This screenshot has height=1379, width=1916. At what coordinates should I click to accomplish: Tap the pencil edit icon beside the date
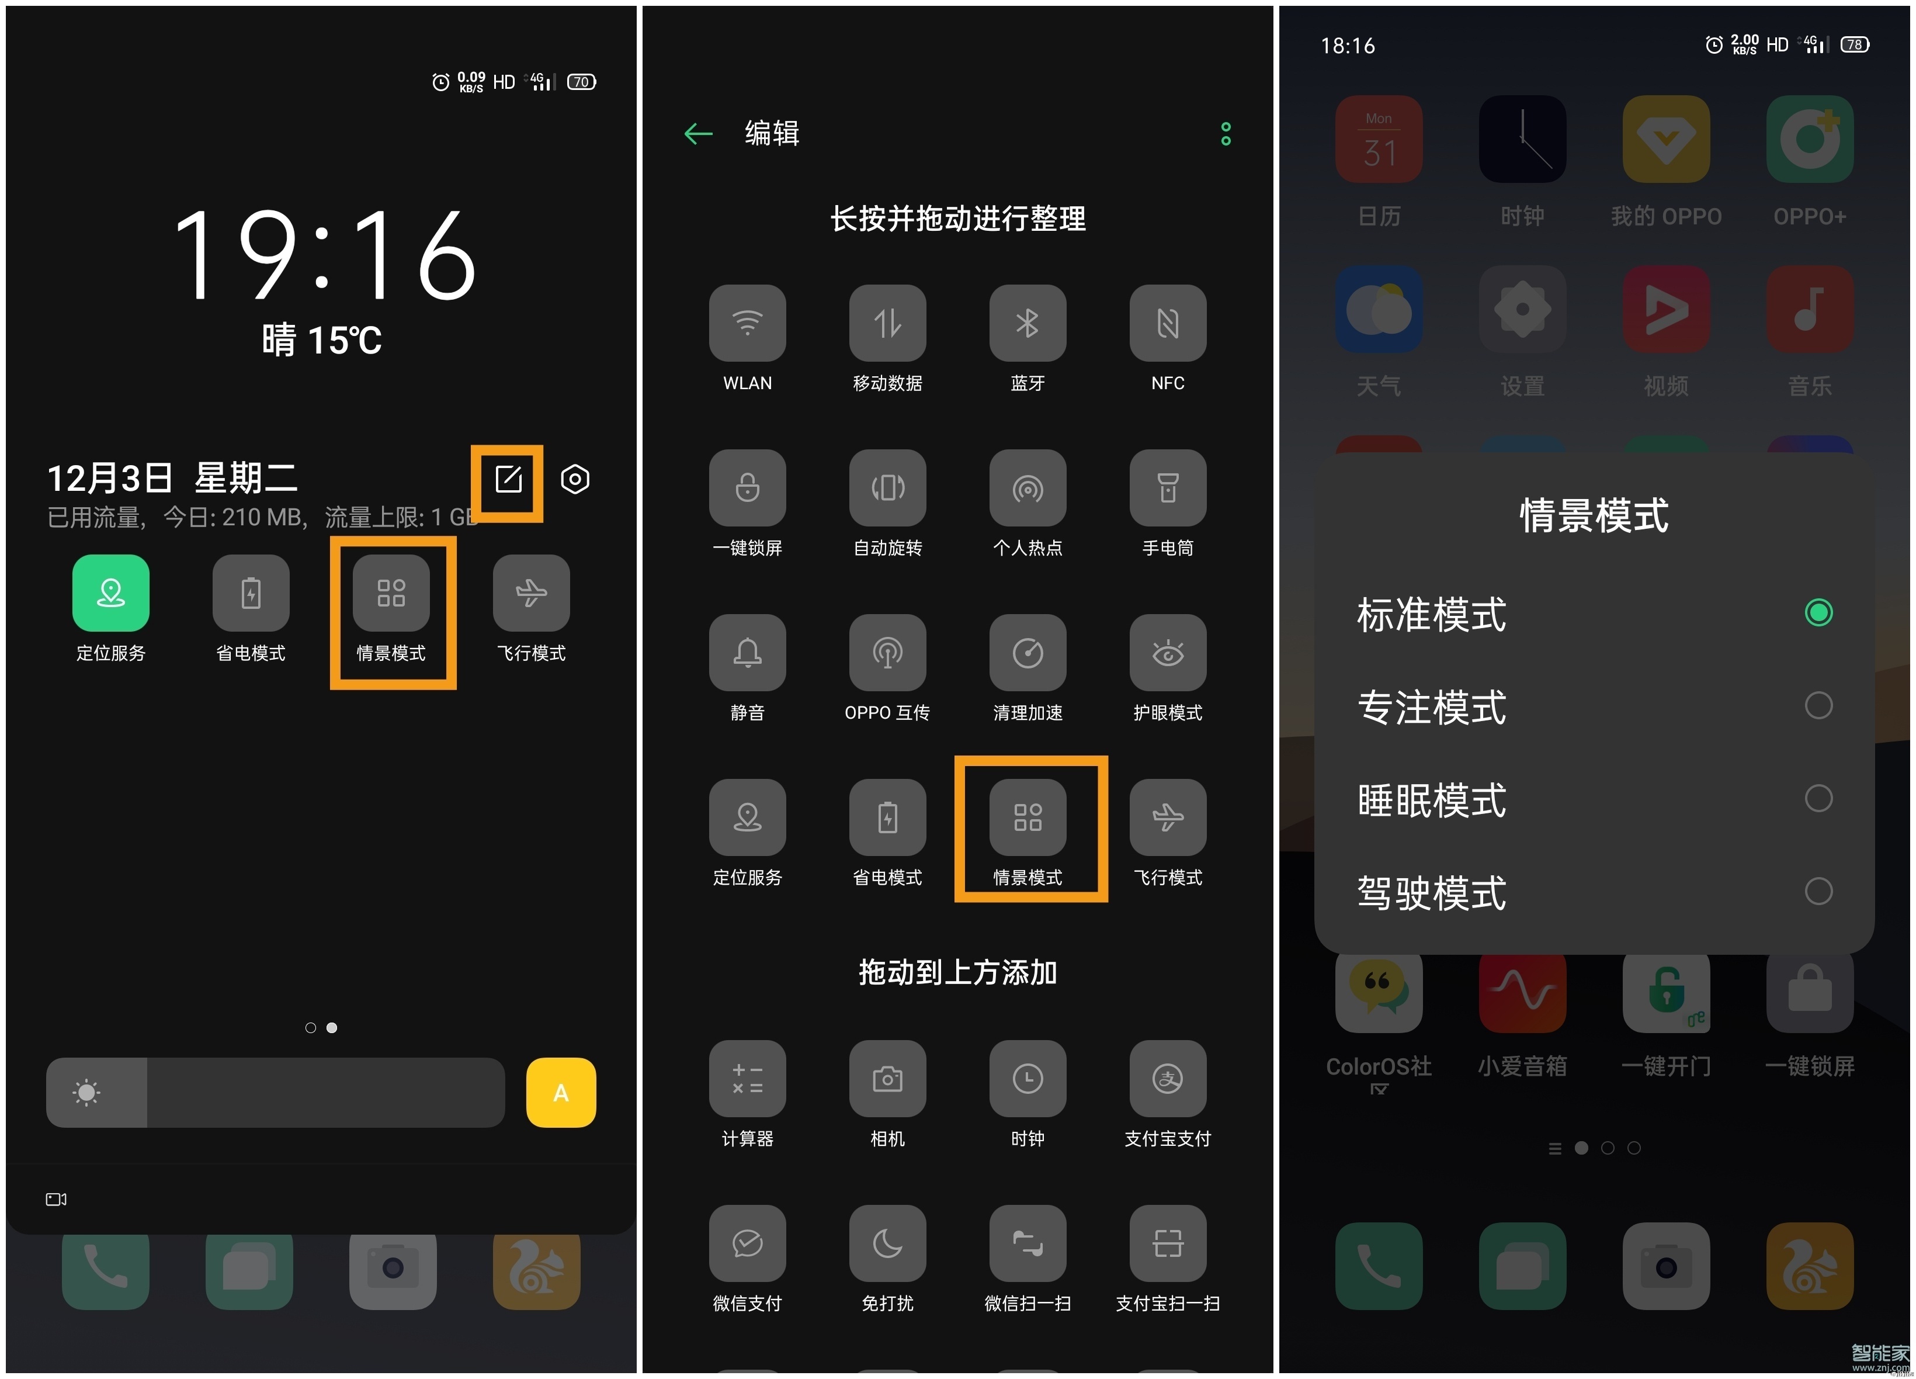[x=508, y=480]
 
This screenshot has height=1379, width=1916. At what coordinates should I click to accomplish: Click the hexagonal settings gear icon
[x=574, y=480]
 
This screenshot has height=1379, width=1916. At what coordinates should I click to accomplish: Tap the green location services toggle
[x=110, y=593]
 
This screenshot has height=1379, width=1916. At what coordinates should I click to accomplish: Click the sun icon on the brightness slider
[x=86, y=1093]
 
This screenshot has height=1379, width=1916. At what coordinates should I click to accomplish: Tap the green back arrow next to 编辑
[x=699, y=133]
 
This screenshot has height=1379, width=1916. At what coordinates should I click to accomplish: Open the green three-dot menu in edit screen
[x=1226, y=133]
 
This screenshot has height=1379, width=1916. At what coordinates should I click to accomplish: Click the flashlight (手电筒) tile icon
[x=1168, y=487]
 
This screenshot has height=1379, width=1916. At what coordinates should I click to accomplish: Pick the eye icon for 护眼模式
[x=1168, y=652]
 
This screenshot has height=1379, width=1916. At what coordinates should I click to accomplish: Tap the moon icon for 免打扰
[x=887, y=1243]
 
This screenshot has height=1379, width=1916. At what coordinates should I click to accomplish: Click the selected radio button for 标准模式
[x=1818, y=612]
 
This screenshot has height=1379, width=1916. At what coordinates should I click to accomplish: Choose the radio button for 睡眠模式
[x=1818, y=799]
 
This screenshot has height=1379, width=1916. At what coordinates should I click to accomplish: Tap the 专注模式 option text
[x=1431, y=707]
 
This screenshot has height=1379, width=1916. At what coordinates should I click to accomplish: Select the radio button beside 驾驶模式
[x=1818, y=892]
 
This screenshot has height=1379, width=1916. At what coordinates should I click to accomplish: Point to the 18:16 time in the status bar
[x=1348, y=46]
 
